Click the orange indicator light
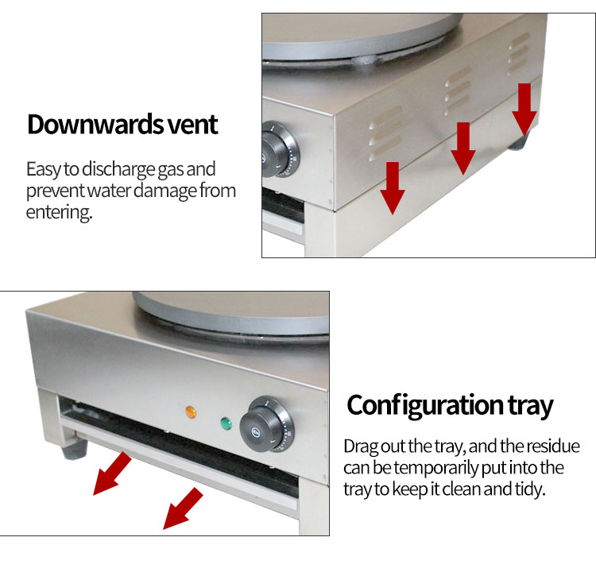pos(190,412)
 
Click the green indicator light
pos(225,422)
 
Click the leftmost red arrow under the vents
pos(392,187)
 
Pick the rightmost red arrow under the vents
pos(524,107)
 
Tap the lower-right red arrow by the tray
pos(183,509)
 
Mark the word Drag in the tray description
pos(360,446)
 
